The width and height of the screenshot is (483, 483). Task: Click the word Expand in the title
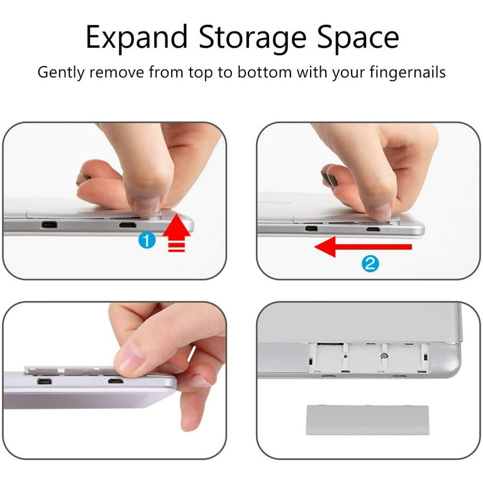coord(136,38)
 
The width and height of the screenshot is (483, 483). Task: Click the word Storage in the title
coord(253,38)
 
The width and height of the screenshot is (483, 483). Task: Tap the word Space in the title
coord(358,38)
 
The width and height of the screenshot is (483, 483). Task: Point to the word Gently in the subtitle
coord(60,73)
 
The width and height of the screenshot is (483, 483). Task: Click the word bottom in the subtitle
coord(264,73)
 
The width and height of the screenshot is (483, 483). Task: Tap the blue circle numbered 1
coord(147,240)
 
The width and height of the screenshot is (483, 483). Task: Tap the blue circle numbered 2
coord(370,264)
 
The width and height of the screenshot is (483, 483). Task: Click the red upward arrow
coord(177,233)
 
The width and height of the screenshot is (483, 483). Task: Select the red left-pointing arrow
coord(363,247)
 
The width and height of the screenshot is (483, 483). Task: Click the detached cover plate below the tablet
coord(367,421)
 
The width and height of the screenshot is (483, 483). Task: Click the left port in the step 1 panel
coord(48,225)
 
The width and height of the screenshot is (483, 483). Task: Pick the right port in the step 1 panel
coord(128,225)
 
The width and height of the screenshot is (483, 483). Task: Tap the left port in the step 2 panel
coord(311,228)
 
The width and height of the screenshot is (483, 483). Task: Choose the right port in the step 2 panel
coord(373,229)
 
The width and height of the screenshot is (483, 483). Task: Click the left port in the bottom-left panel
coord(45,382)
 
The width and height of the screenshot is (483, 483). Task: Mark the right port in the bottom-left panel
coord(116,381)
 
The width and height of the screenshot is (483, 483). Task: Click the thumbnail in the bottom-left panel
coord(130,358)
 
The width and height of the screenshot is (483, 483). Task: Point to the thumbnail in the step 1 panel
coord(147,206)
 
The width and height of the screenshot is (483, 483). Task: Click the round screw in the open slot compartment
coord(385,357)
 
